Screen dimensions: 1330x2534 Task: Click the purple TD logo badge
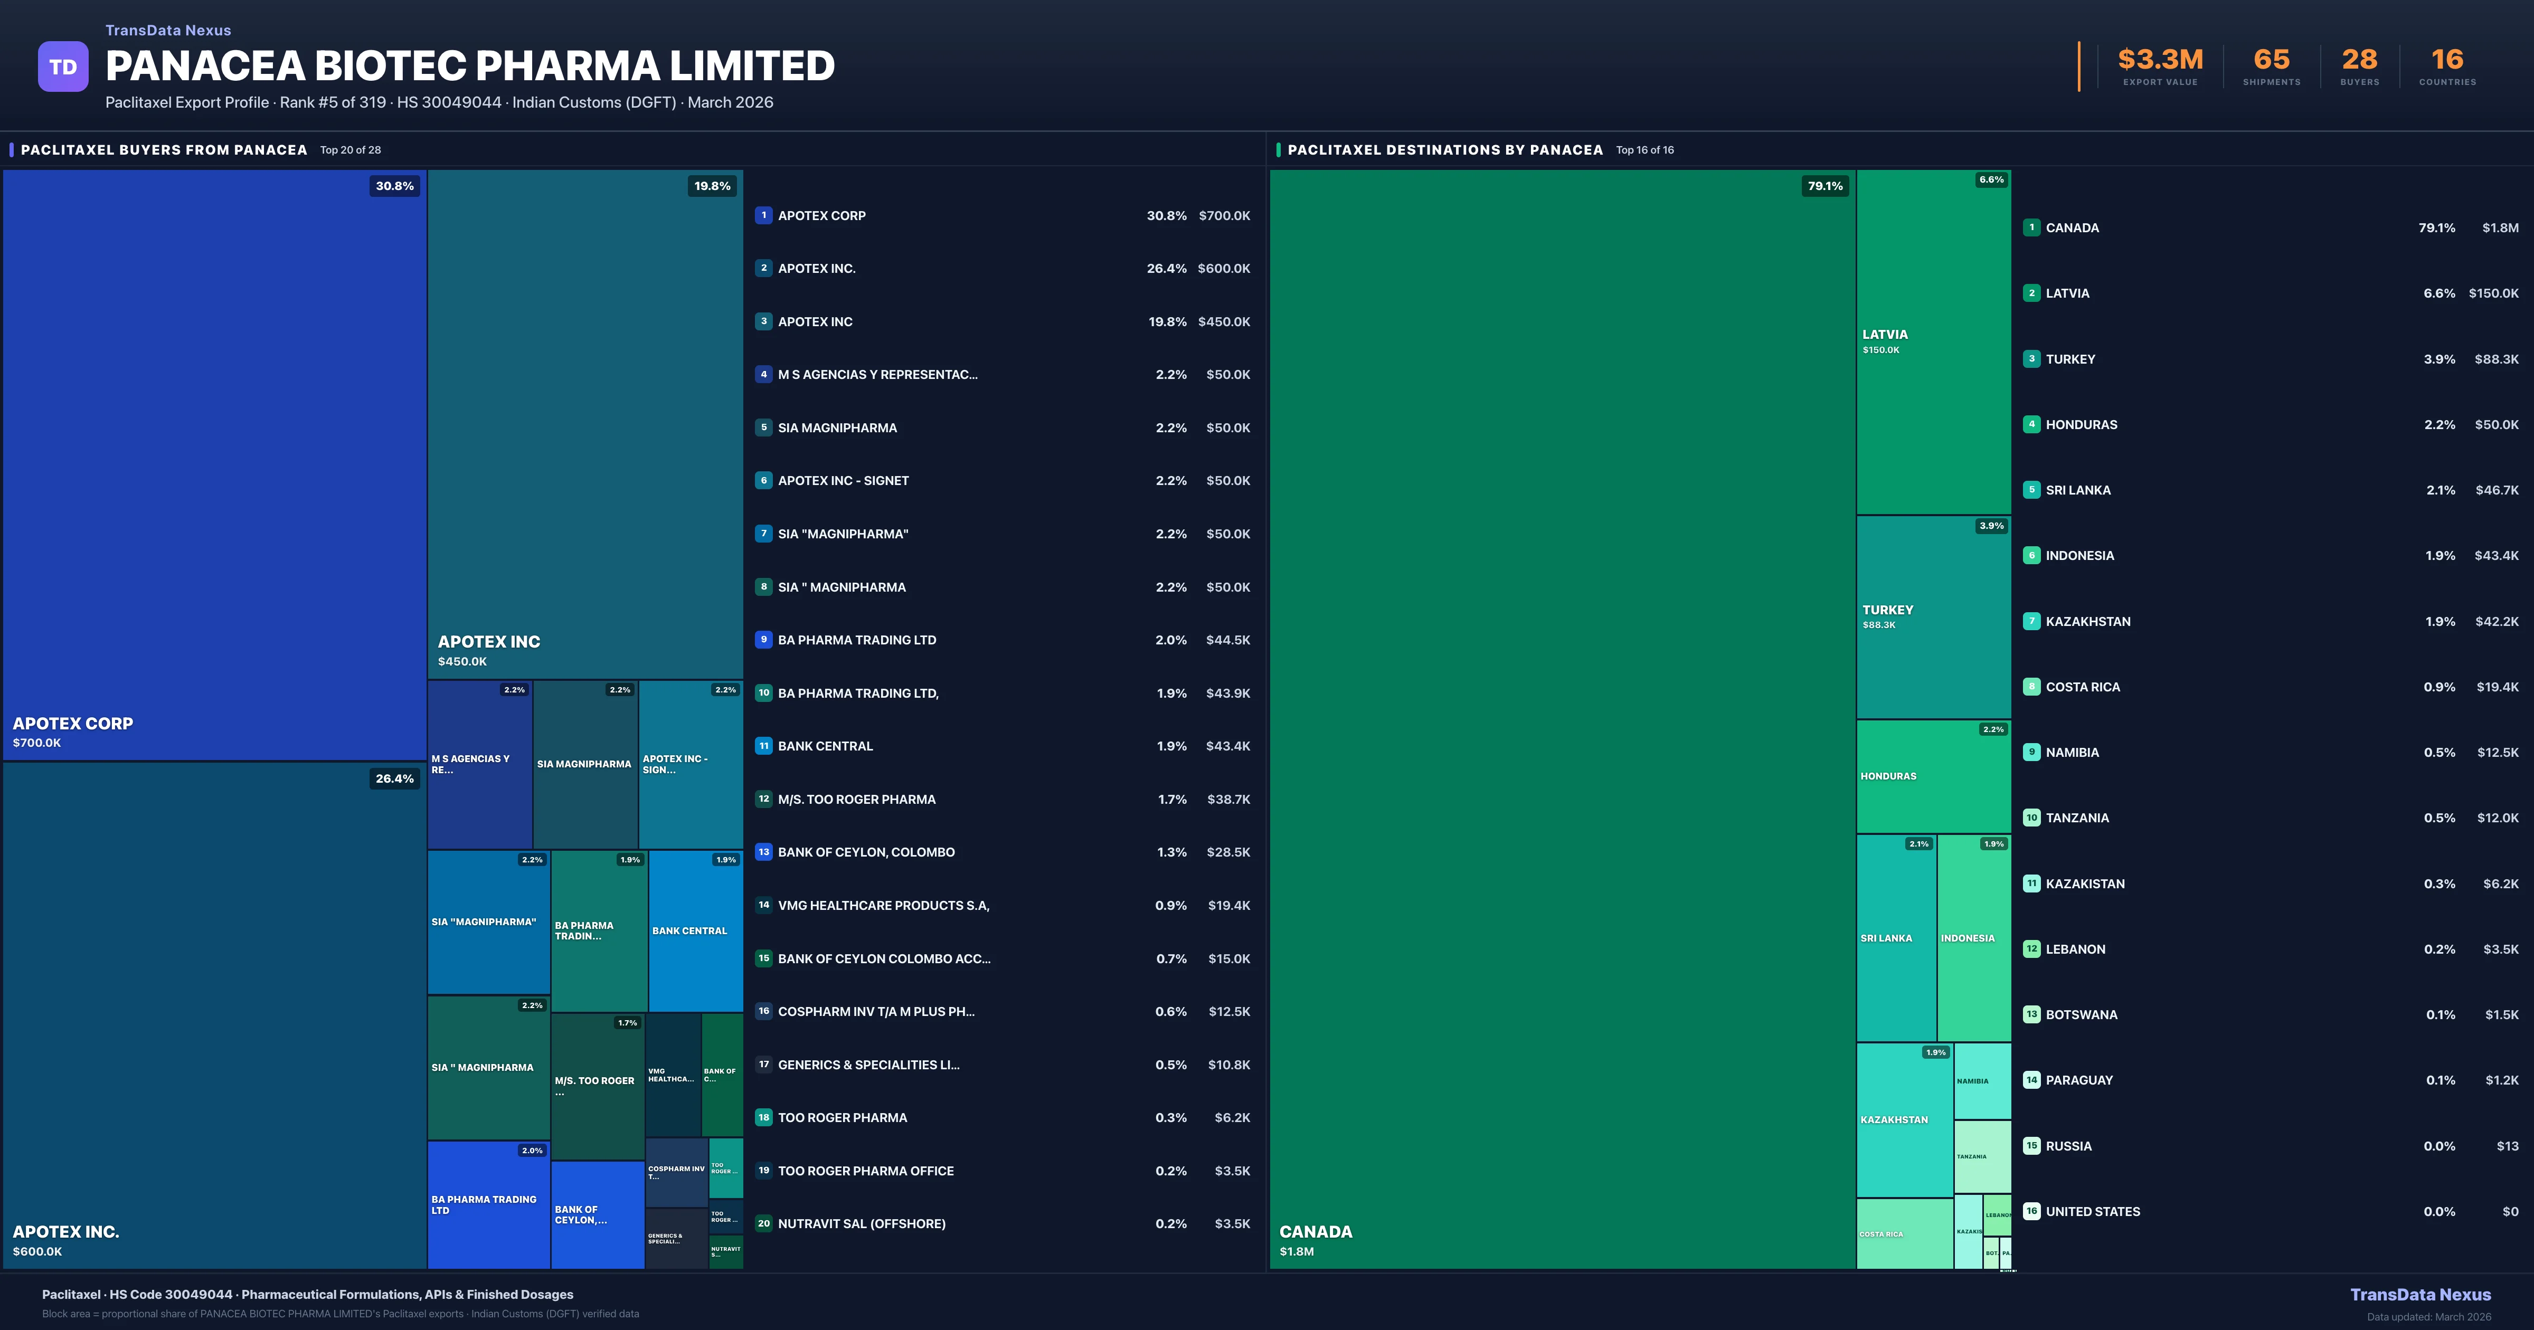click(x=63, y=67)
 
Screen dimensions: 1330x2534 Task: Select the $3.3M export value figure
click(x=2160, y=60)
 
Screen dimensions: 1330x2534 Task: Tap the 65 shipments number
click(x=2271, y=60)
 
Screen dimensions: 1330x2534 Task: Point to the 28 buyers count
click(x=2359, y=60)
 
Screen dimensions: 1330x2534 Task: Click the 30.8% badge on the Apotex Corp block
click(x=394, y=186)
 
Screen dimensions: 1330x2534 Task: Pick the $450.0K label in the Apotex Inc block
click(x=462, y=662)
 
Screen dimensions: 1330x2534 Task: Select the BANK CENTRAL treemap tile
click(x=695, y=930)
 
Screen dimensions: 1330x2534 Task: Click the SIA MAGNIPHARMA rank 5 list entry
click(x=837, y=428)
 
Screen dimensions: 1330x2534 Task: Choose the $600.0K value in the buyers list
click(x=1224, y=269)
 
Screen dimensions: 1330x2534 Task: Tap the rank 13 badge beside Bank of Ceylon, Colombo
click(x=763, y=852)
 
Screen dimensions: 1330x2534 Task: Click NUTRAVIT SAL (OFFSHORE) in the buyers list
click(x=862, y=1224)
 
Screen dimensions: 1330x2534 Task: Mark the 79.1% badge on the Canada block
click(x=1825, y=186)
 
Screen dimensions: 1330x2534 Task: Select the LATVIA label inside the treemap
click(x=1885, y=335)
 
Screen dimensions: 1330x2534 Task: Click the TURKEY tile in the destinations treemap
click(x=1933, y=617)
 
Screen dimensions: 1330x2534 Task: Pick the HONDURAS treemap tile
click(x=1933, y=776)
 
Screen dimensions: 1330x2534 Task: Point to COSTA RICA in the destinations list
click(x=2083, y=687)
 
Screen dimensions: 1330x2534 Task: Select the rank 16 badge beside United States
click(x=2031, y=1211)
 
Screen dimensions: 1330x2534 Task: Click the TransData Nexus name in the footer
click(x=2420, y=1295)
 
